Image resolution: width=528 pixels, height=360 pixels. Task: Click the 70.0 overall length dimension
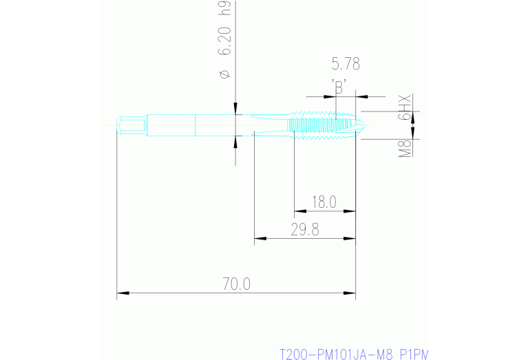tap(236, 283)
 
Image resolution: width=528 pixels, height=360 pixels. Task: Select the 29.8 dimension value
tap(304, 230)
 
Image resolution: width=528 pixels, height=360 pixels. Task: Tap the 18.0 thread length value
tap(324, 202)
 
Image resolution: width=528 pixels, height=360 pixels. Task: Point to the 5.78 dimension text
tap(346, 65)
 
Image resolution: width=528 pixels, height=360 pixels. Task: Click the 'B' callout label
tap(339, 87)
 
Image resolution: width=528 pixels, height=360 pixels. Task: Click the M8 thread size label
tap(405, 147)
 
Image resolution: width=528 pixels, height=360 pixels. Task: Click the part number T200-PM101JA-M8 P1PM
tap(353, 354)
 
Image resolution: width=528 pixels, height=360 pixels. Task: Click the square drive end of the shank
tap(131, 125)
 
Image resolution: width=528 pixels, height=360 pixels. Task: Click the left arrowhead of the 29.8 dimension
tap(259, 239)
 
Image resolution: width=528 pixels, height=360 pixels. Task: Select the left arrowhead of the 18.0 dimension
tap(299, 211)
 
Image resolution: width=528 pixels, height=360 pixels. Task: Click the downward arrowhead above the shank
tap(236, 108)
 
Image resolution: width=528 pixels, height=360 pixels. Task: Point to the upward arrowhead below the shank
tap(236, 142)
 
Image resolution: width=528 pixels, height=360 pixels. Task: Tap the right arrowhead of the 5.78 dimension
tap(361, 96)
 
